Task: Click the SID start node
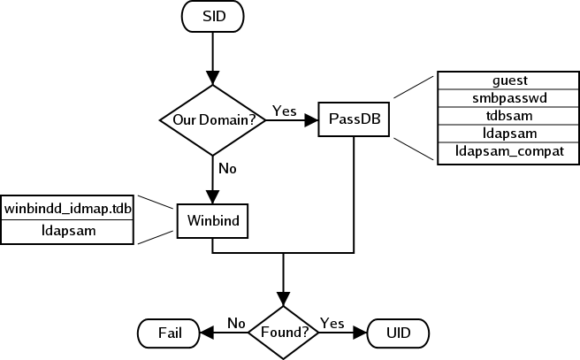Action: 213,17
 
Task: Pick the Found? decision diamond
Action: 283,333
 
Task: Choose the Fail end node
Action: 170,333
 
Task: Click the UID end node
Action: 397,333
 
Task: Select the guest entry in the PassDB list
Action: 508,80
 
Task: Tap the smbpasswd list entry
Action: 508,98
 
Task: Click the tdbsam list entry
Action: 508,116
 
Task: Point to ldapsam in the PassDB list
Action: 508,134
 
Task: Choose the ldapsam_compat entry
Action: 508,152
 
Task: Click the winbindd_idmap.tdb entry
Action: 68,207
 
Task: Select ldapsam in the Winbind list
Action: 68,230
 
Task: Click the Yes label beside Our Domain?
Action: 284,111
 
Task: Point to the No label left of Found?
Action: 236,323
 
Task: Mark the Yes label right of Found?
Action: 332,323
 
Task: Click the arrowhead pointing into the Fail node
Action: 208,333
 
